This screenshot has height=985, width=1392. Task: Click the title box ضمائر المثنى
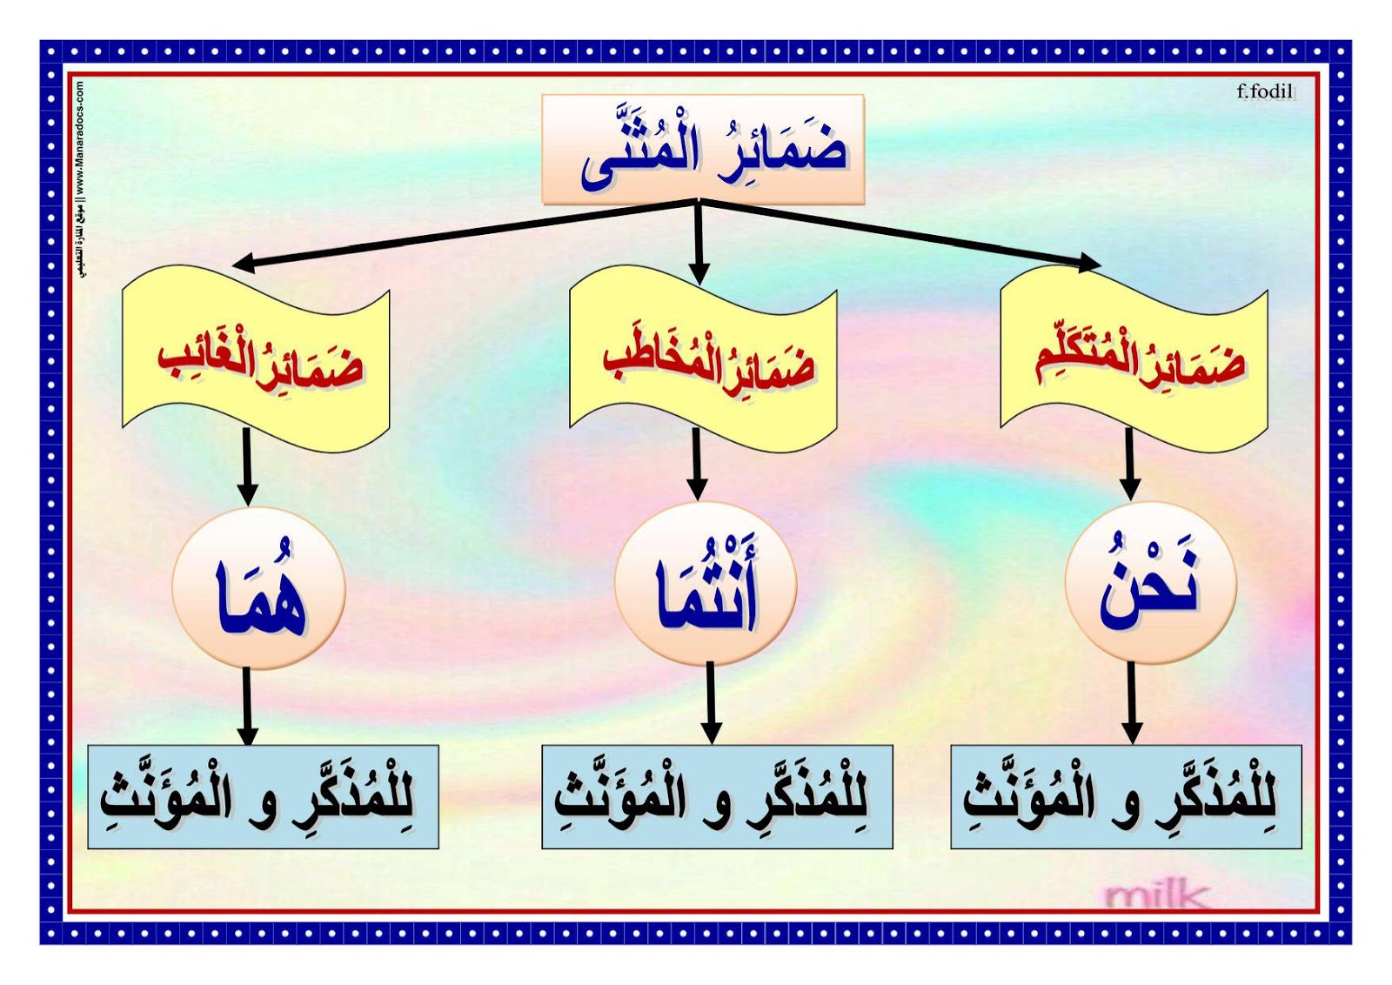coord(703,149)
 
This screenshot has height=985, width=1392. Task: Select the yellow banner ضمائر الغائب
coord(256,359)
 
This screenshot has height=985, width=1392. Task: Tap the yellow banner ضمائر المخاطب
coord(703,359)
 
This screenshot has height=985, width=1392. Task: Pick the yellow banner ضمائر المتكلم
coord(1134,359)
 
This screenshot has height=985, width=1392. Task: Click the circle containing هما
coord(258,587)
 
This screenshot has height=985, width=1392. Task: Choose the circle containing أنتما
coord(706,583)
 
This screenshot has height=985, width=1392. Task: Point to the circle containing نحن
coord(1150,583)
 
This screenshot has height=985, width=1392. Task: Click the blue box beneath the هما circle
coord(263,797)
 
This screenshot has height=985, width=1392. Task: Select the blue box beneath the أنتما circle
coord(717,797)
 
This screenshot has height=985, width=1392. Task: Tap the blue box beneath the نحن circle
coord(1126,797)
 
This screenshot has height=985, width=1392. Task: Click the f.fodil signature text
coord(1265,91)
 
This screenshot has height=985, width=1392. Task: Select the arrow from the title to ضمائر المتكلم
coord(900,234)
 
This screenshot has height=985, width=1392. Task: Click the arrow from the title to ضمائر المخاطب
coord(699,243)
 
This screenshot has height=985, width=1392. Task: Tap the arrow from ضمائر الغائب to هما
coord(247,466)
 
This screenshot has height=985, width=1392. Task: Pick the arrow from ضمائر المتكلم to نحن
coord(1129,464)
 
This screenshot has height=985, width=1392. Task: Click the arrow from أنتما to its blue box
coord(711,703)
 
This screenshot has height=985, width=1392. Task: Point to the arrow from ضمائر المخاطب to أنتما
coord(697,464)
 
